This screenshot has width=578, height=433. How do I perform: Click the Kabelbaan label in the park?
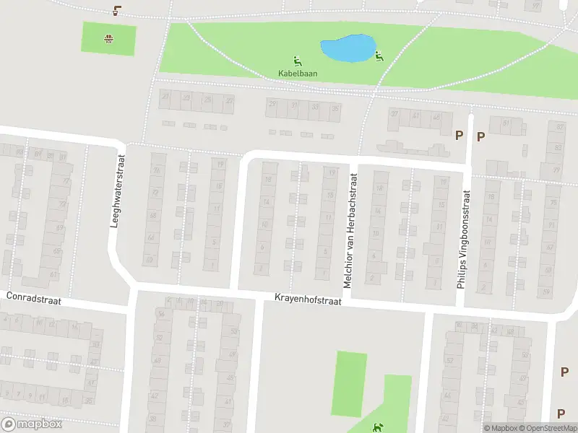coord(297,73)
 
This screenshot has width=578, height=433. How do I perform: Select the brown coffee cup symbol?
coord(117,11)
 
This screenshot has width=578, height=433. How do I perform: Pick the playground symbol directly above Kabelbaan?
coord(297,61)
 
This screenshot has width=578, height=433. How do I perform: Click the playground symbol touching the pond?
coord(379,57)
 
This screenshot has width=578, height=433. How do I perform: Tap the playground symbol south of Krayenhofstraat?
coord(376,427)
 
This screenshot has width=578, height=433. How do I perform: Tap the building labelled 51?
coord(506,123)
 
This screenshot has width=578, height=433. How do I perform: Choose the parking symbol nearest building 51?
coord(480,136)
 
